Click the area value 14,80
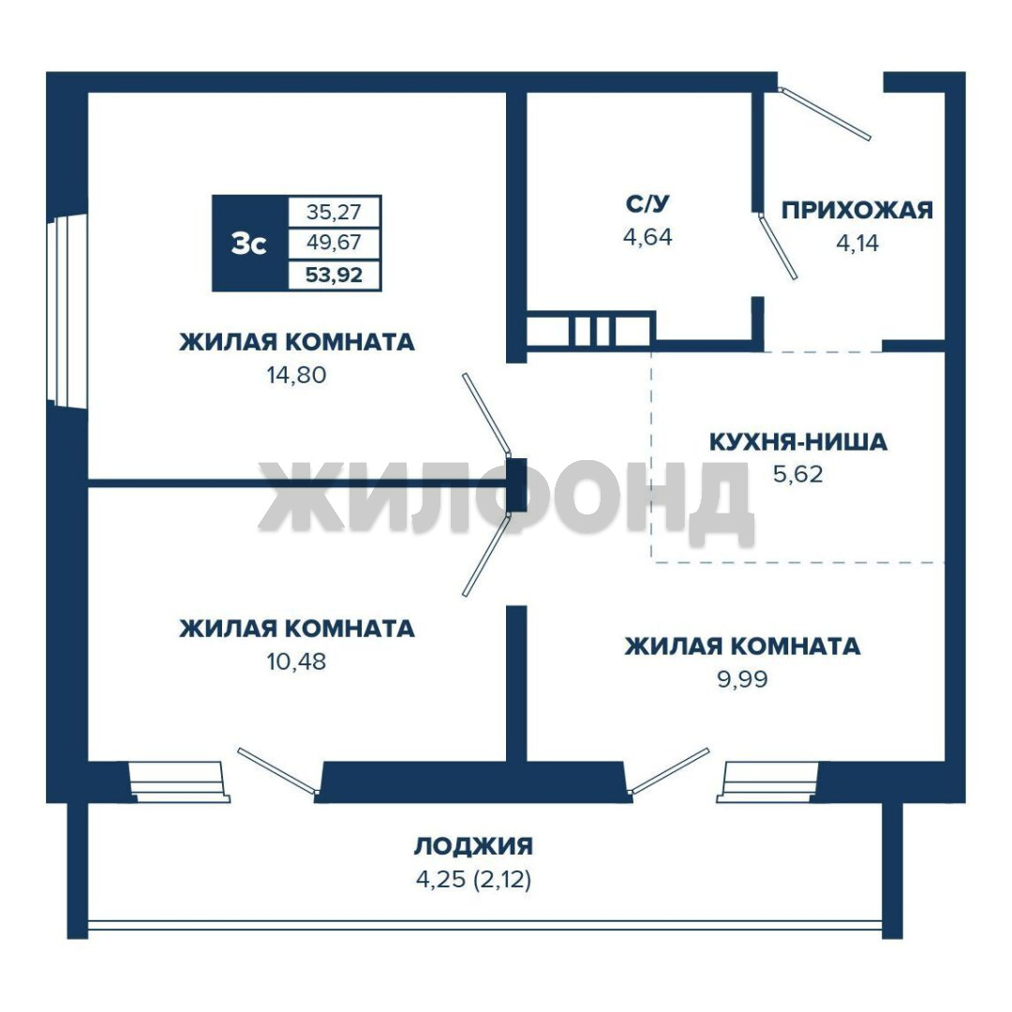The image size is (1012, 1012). click(x=297, y=374)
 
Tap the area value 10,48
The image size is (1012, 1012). click(x=297, y=661)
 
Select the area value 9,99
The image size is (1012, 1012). click(x=742, y=679)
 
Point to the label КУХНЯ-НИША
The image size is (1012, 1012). click(x=798, y=442)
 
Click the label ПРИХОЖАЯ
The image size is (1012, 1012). click(x=857, y=210)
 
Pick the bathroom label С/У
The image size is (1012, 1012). click(x=647, y=203)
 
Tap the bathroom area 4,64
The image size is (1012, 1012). click(x=647, y=237)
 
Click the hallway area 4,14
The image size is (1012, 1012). click(x=857, y=244)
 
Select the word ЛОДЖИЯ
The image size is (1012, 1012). click(x=474, y=845)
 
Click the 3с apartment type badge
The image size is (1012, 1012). click(x=249, y=244)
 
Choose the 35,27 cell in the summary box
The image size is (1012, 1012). click(x=334, y=212)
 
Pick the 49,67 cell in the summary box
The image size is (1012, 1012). click(x=334, y=244)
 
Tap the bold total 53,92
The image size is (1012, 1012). click(x=334, y=275)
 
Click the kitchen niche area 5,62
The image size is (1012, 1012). click(x=798, y=474)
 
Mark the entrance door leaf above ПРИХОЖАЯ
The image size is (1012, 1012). click(x=825, y=113)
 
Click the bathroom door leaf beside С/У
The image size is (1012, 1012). click(x=778, y=247)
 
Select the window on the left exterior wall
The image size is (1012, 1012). click(x=67, y=311)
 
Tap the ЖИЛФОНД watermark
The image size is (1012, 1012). click(x=506, y=503)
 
